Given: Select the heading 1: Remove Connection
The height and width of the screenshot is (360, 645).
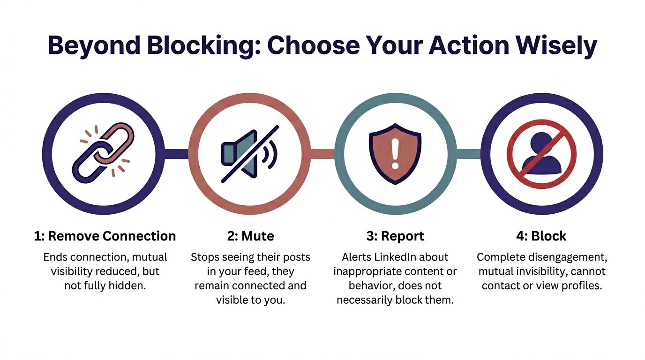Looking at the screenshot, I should (105, 236).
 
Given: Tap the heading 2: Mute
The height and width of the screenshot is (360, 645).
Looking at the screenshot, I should (250, 236).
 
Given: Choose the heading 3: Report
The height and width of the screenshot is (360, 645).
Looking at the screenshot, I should (395, 236).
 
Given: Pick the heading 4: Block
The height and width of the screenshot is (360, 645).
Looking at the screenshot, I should (541, 236).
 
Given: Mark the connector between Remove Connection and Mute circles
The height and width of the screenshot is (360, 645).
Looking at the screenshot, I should (176, 153).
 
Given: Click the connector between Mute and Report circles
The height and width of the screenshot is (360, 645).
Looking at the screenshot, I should (322, 153).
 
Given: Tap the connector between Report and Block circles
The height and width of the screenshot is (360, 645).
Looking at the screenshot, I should (468, 153).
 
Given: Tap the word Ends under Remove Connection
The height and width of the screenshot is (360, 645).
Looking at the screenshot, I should (55, 257).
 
